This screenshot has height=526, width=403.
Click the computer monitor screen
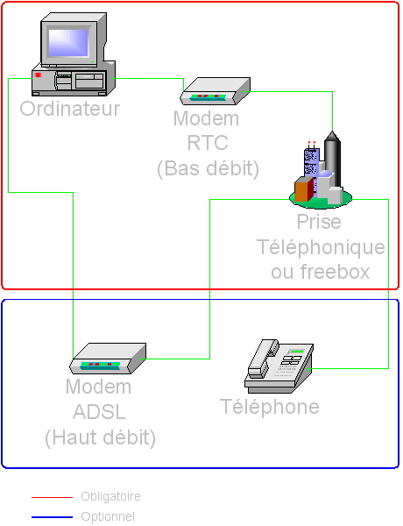(68, 43)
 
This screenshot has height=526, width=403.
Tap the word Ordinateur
(70, 109)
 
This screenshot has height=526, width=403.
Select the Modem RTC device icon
(216, 91)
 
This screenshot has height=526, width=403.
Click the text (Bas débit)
(209, 168)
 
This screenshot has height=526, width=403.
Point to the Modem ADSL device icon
(108, 359)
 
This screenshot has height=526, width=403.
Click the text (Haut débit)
(100, 437)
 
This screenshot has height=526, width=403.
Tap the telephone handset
(263, 359)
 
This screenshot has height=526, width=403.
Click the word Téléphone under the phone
(270, 406)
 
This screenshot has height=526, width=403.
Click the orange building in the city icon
(304, 189)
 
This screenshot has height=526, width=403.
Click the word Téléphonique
(321, 247)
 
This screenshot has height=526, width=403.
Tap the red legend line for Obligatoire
(52, 497)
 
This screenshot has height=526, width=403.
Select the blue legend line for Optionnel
(52, 517)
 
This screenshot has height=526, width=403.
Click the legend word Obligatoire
(110, 496)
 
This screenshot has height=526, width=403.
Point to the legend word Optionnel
(108, 517)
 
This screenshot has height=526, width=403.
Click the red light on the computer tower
(38, 75)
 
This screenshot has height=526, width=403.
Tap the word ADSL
(99, 412)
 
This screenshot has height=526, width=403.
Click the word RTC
(208, 143)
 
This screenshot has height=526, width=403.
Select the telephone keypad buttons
(290, 361)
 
